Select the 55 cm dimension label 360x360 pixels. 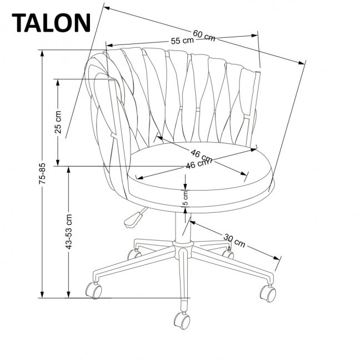point(182,41)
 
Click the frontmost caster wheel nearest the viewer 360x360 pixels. point(182,320)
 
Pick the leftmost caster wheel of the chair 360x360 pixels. point(93,289)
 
